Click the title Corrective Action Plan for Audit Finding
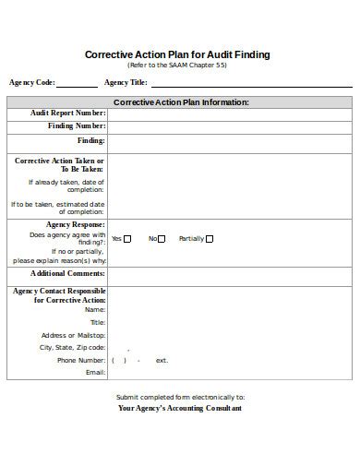point(177,54)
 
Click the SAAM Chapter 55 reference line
point(177,66)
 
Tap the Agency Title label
point(127,81)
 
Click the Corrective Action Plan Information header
point(180,102)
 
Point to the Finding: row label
point(90,140)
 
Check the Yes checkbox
point(127,238)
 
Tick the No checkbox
point(161,238)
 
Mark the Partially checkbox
point(210,238)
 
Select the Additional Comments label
point(67,273)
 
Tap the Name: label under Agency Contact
point(94,310)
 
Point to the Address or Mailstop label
point(73,335)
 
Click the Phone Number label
point(81,360)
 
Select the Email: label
point(95,373)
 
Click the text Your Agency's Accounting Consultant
point(180,408)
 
